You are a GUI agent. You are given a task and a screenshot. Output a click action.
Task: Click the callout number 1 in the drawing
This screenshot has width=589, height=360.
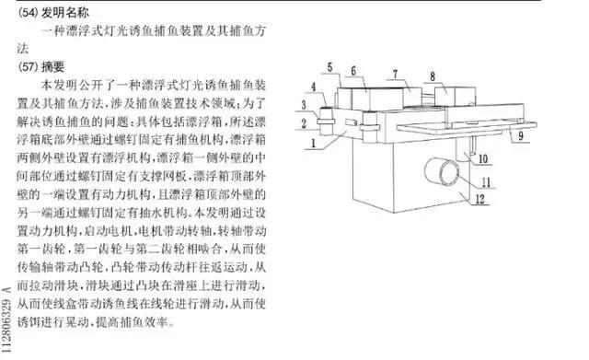(x=316, y=144)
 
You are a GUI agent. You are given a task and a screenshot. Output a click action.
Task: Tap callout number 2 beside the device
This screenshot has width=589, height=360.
(x=303, y=122)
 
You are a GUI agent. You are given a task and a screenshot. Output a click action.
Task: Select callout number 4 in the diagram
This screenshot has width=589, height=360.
(x=314, y=87)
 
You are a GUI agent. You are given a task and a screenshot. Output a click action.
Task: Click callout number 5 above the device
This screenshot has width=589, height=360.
(x=328, y=67)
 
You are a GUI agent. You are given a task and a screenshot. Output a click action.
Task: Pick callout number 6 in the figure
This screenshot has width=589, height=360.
(x=352, y=71)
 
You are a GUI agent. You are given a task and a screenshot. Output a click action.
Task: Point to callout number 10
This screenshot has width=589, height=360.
(x=482, y=157)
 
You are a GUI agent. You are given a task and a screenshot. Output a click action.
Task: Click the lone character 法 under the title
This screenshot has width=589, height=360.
(x=25, y=50)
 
